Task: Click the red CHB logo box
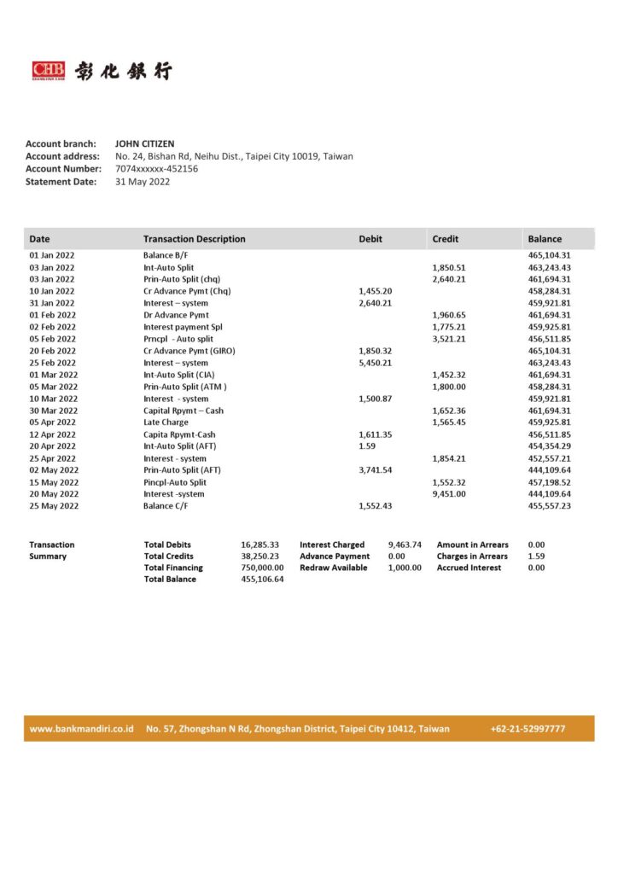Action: [x=48, y=71]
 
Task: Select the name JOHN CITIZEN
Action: [x=144, y=144]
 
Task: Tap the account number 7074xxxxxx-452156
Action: [x=156, y=169]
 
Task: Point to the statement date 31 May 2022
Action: [x=143, y=182]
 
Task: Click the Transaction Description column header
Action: [x=194, y=239]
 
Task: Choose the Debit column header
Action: [x=370, y=239]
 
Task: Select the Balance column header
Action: [x=545, y=239]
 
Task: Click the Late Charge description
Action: [x=166, y=422]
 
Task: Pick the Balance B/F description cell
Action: [x=170, y=255]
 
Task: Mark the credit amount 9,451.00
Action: [x=449, y=494]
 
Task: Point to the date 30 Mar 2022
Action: [x=53, y=411]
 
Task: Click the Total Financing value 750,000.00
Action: [x=262, y=568]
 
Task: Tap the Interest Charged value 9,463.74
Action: [x=405, y=545]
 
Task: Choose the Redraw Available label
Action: [x=334, y=568]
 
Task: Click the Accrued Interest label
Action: [x=469, y=568]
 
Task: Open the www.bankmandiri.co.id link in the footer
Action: [x=82, y=729]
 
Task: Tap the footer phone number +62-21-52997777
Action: [x=528, y=729]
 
